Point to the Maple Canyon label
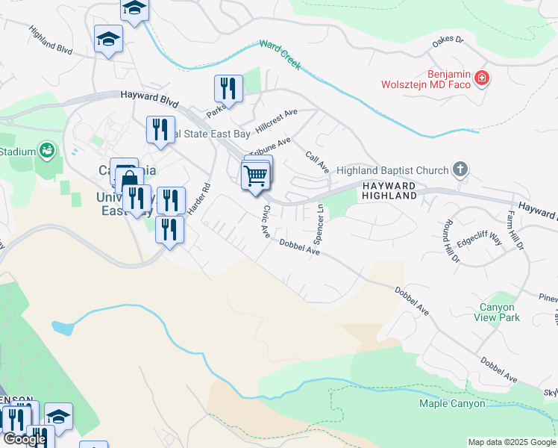(453, 404)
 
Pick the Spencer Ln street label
(319, 225)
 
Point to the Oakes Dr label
(448, 43)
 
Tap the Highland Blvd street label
(51, 41)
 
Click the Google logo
(24, 439)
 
